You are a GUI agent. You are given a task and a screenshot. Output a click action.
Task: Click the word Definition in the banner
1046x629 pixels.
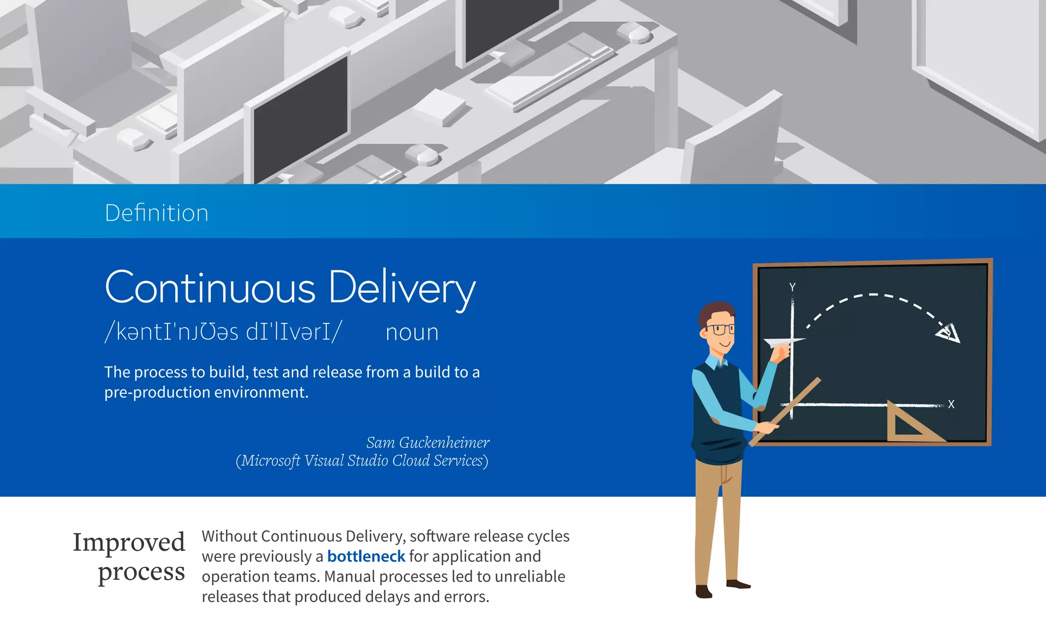(x=156, y=213)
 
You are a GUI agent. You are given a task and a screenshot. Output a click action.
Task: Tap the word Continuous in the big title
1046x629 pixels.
(x=210, y=287)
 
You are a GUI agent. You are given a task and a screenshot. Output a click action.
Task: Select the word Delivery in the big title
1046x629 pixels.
(x=402, y=288)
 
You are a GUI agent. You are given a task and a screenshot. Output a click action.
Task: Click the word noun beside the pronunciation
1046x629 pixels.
(x=412, y=333)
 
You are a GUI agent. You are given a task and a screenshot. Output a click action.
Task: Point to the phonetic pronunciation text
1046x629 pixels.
(x=223, y=332)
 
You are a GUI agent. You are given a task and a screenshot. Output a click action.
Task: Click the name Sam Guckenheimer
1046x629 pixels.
(x=427, y=442)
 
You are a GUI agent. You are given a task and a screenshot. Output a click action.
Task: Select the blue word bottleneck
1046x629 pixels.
(x=366, y=556)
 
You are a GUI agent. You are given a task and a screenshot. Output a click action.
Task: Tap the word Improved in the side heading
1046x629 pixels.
(x=129, y=543)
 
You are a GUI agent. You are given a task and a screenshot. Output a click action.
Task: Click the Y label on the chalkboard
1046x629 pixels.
(x=792, y=287)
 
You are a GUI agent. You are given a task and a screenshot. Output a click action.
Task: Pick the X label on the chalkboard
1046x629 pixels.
(x=951, y=404)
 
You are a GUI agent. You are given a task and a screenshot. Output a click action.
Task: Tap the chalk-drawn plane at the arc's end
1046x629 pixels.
(x=948, y=333)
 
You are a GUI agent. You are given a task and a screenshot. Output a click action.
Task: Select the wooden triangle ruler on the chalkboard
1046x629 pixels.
(x=909, y=424)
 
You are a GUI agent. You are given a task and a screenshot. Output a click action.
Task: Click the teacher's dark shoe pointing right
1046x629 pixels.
(x=738, y=584)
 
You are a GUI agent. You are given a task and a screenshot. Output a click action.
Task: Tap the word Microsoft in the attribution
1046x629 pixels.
(x=271, y=461)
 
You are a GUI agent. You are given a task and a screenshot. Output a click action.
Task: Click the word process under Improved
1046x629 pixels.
(x=141, y=572)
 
